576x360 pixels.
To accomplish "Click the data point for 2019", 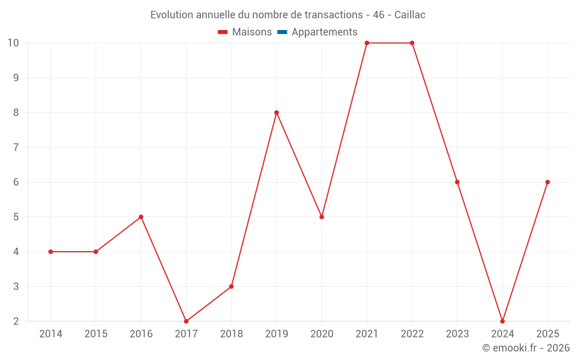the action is click(276, 113).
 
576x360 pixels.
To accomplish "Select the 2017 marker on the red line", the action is click(186, 321).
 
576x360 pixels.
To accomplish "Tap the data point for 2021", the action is click(367, 43).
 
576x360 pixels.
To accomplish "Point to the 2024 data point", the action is click(502, 321).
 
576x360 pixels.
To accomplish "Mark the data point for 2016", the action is click(141, 217).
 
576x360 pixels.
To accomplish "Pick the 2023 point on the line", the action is click(457, 182).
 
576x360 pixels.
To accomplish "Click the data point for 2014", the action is click(51, 252).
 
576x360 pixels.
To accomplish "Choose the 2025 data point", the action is click(548, 182).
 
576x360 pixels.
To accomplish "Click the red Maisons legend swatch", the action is click(222, 32).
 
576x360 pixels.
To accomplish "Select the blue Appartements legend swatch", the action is click(282, 32).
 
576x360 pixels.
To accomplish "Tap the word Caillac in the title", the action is click(410, 15).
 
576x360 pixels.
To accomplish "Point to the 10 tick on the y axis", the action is click(13, 43).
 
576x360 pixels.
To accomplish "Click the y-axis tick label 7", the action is click(16, 147).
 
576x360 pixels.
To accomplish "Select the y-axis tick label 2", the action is click(16, 321).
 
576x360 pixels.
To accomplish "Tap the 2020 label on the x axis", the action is click(322, 334).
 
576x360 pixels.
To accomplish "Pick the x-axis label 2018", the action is click(232, 334).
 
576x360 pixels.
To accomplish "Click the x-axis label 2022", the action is click(412, 334).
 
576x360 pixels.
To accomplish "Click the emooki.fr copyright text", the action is click(526, 348).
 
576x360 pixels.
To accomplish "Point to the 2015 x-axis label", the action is click(96, 334).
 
